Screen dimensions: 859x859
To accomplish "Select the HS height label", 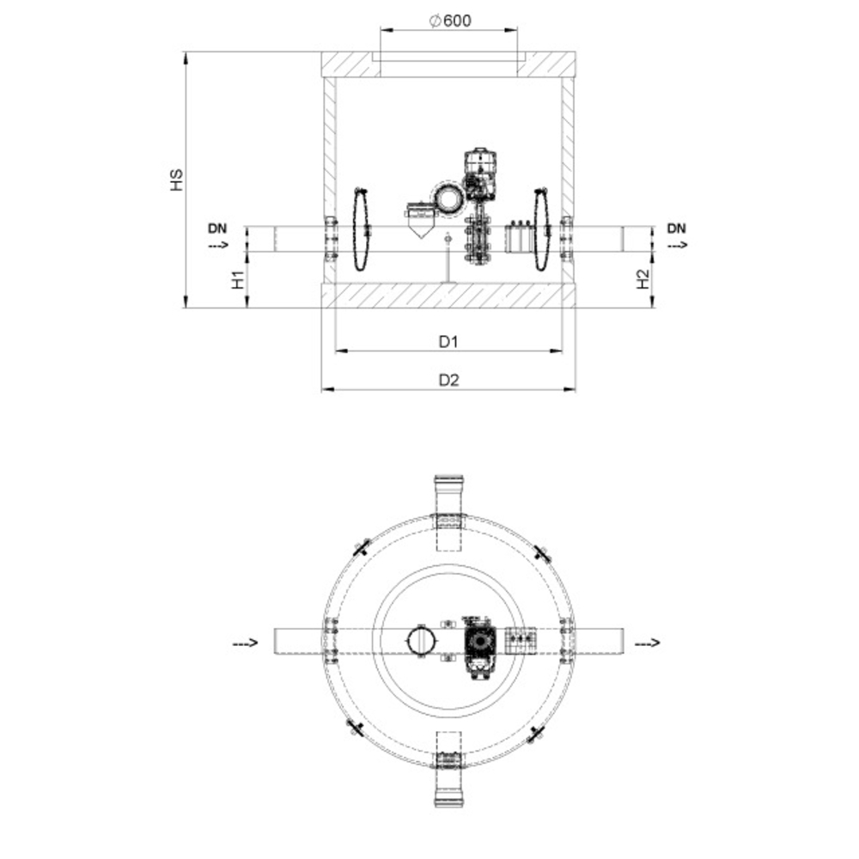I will [177, 180].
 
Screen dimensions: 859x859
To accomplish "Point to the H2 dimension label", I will [643, 279].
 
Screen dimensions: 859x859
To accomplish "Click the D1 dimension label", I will [448, 342].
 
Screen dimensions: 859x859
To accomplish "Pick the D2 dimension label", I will [448, 380].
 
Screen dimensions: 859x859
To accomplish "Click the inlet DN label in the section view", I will [218, 228].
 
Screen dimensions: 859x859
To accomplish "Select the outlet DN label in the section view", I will [677, 228].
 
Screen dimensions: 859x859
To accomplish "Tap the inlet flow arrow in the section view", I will [218, 246].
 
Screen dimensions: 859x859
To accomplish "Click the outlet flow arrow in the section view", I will [677, 246].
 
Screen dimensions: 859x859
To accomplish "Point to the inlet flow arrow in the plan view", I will [247, 643].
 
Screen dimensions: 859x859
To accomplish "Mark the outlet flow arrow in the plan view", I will [649, 643].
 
